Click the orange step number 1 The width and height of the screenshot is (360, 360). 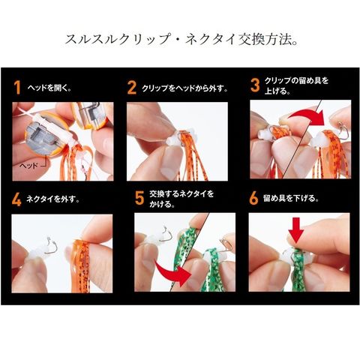coord(17,88)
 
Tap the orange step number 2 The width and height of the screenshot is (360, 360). coord(132,88)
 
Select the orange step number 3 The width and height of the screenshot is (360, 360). coord(255,85)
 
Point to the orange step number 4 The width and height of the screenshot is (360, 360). coord(16,199)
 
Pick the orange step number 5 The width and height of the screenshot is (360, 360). coord(139,198)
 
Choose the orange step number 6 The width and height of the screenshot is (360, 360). coord(253,198)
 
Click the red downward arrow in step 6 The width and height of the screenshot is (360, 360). coord(295,230)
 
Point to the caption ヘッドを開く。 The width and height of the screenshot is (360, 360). coord(49,88)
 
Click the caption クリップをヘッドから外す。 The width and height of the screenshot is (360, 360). coord(184,88)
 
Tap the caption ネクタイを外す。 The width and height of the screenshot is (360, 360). coord(53,199)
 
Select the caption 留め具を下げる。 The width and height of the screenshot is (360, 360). coord(291,199)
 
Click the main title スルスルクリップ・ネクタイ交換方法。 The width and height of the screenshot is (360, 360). coord(181,40)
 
